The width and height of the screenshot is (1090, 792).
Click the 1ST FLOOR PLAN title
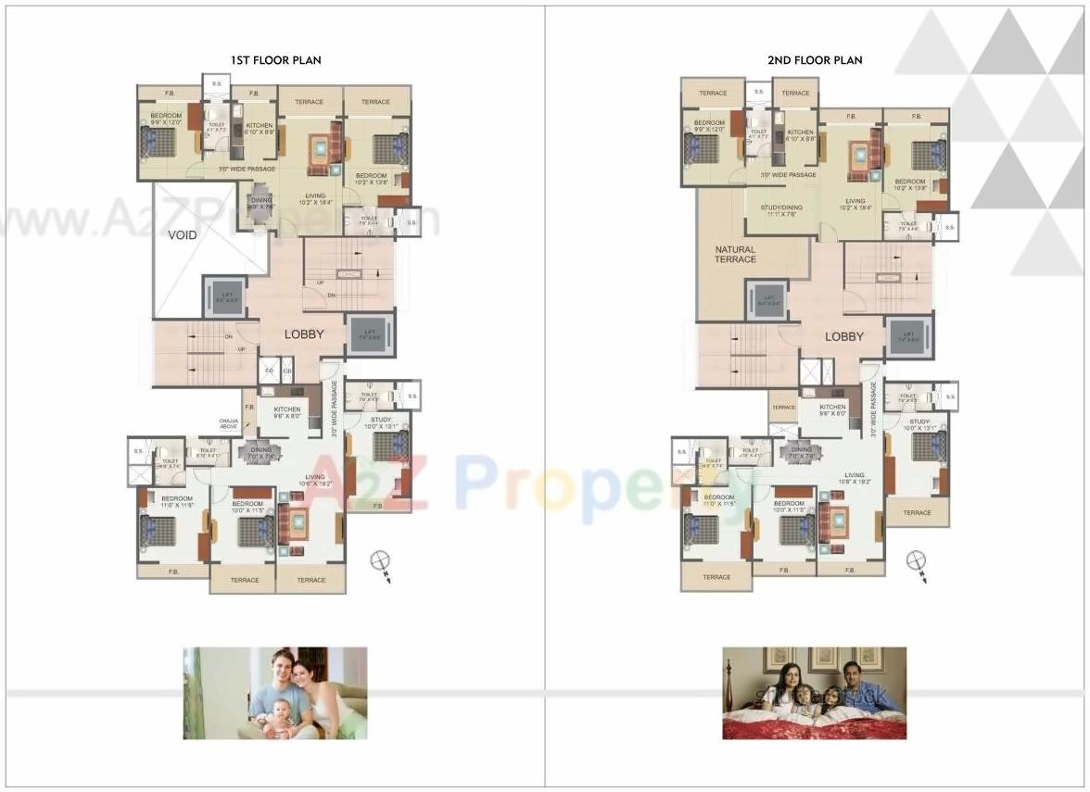tap(275, 60)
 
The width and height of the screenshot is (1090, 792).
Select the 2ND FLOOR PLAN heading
tap(814, 60)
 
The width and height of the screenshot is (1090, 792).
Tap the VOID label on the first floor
tap(183, 235)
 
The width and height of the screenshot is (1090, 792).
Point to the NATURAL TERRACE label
tap(735, 255)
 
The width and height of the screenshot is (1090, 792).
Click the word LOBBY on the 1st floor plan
tap(303, 334)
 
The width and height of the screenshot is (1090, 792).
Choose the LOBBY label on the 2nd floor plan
tap(843, 337)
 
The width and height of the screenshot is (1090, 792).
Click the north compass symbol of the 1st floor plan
tap(379, 561)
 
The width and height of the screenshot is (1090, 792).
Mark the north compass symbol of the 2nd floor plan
tap(917, 560)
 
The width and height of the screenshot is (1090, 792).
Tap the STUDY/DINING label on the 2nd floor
tap(782, 211)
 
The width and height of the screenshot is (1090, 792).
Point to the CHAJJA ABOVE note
tap(229, 424)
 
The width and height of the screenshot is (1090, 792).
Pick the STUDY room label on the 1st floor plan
tap(380, 423)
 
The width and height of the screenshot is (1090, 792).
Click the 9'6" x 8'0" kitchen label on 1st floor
tap(286, 413)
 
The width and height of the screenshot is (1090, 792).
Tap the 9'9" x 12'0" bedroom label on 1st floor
tap(168, 120)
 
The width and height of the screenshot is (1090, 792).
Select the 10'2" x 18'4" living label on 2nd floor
tap(855, 205)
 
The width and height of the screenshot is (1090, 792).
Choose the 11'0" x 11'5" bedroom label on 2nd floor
tap(719, 501)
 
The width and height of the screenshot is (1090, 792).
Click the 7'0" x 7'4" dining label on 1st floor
tap(260, 453)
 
